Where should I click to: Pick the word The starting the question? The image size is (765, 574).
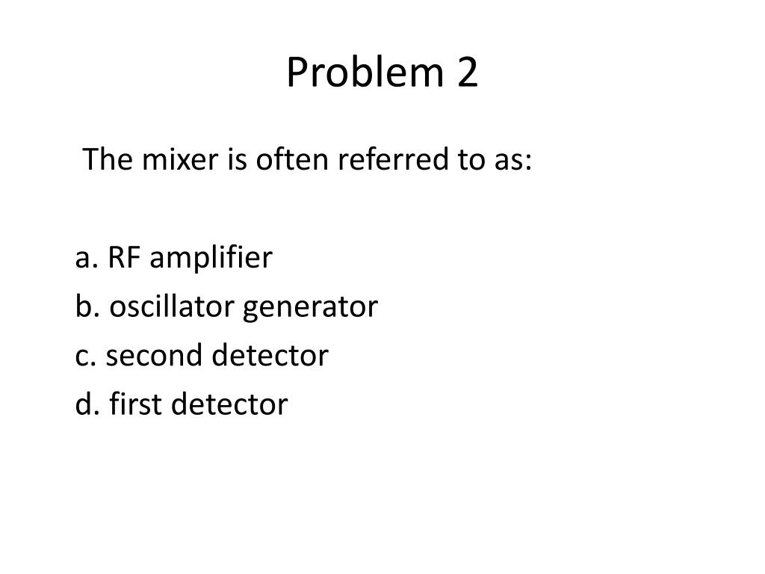105,159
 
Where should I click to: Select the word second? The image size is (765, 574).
155,356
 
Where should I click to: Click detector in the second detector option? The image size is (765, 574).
270,356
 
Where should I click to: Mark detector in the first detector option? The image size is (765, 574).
229,404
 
